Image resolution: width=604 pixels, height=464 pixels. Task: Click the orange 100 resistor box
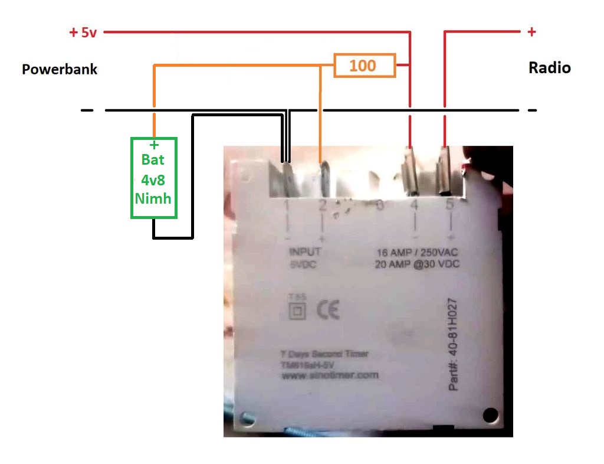coord(364,66)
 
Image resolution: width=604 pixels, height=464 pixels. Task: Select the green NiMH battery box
coord(153,178)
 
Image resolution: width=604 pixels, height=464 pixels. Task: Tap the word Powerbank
coord(60,69)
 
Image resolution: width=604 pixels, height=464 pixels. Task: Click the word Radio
coord(549,68)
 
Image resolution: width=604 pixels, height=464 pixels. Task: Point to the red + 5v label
coord(83,32)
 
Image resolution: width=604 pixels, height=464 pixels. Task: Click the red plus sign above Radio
coord(531,32)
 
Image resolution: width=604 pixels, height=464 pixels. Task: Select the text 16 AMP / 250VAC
coord(416,252)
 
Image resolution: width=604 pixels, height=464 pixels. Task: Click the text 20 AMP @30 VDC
coord(416,264)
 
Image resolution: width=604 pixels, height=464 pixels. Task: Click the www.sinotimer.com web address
coord(330,375)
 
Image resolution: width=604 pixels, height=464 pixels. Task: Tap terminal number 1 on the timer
coord(287,205)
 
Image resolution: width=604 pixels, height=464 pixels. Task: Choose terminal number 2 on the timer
coord(322,205)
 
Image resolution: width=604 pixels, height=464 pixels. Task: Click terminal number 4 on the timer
coord(415,205)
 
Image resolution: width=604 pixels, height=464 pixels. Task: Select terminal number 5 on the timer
coord(451,205)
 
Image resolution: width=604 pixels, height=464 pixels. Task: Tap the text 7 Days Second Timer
coord(324,354)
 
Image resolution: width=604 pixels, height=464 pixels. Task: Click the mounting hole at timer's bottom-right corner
coord(489,415)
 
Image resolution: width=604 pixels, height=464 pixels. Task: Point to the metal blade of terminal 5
coord(444,171)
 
